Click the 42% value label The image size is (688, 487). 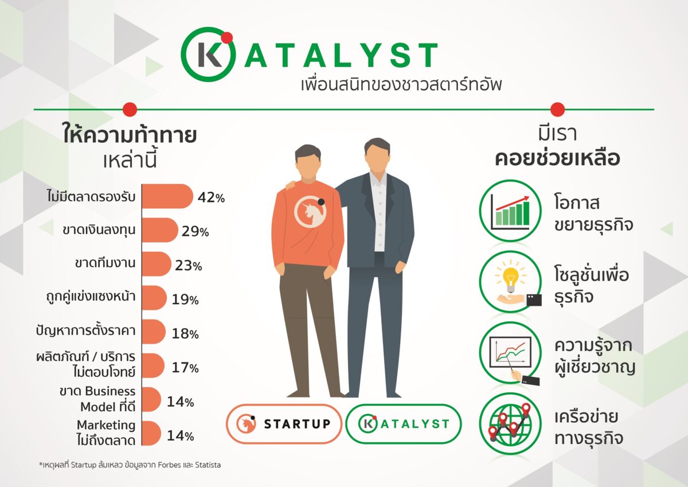[x=210, y=197]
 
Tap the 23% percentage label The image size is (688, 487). [x=189, y=266]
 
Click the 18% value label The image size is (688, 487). [x=185, y=333]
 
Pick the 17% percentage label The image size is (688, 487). [x=185, y=367]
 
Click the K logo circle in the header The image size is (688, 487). [x=207, y=54]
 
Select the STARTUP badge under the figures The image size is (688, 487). [x=284, y=424]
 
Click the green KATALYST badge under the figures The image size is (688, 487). [x=403, y=424]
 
